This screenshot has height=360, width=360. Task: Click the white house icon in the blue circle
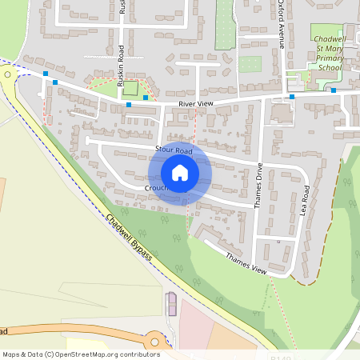coord(180,172)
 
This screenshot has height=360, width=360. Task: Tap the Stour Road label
coord(174,150)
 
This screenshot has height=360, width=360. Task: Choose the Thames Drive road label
coord(258,186)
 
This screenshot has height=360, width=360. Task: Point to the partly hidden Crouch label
coord(154,189)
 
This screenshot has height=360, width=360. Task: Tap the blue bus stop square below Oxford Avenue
coord(292,98)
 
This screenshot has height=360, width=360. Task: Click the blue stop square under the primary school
coord(333,91)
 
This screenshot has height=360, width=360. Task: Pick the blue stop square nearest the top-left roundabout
coord(46,74)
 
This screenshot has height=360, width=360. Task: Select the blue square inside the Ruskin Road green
coord(145,98)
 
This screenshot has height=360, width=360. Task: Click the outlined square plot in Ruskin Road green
coord(129,87)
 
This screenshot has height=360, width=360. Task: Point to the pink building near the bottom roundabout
coord(170,303)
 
